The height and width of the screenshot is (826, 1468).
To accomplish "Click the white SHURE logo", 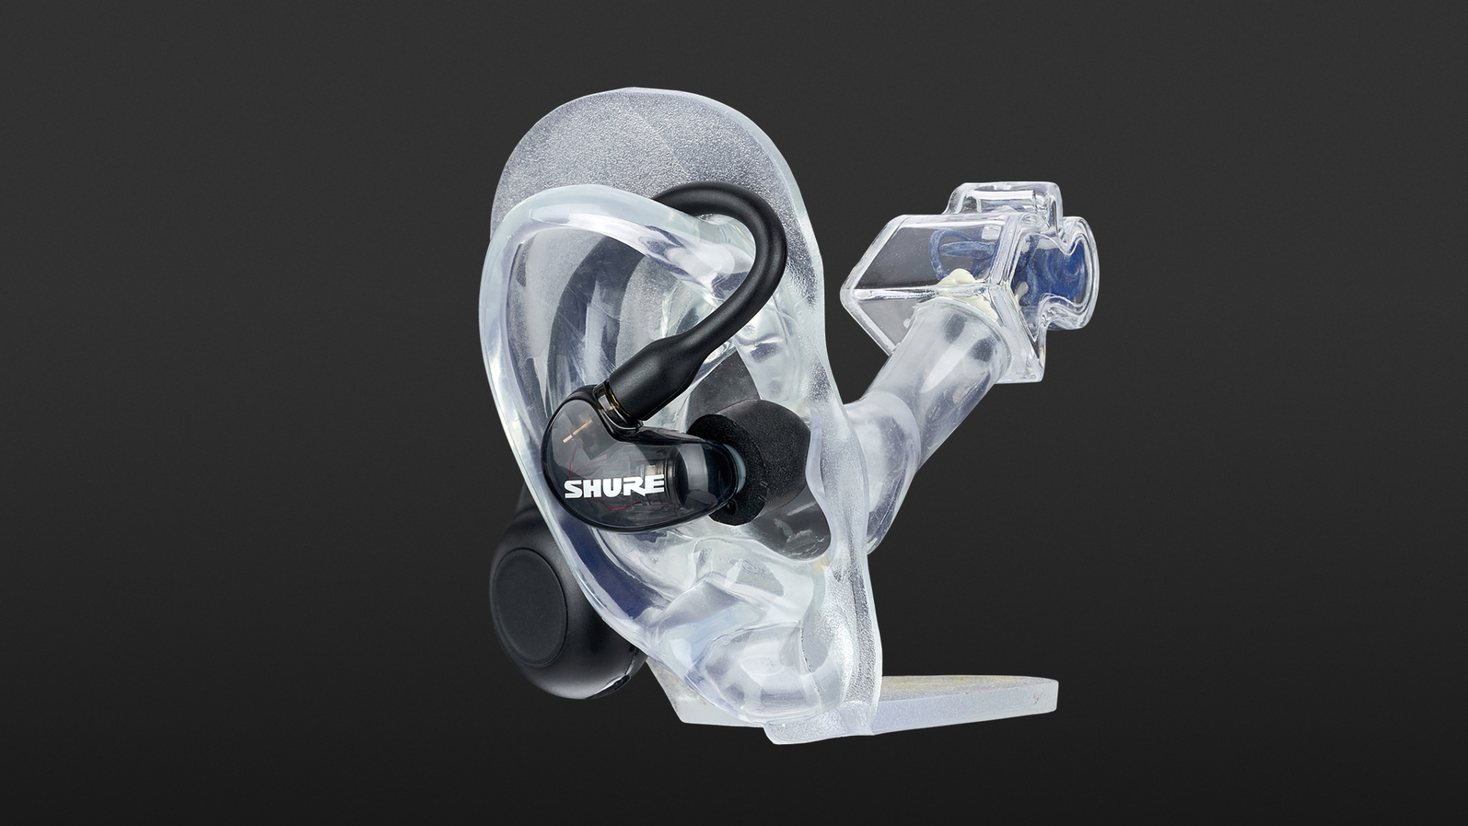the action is point(613,487).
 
